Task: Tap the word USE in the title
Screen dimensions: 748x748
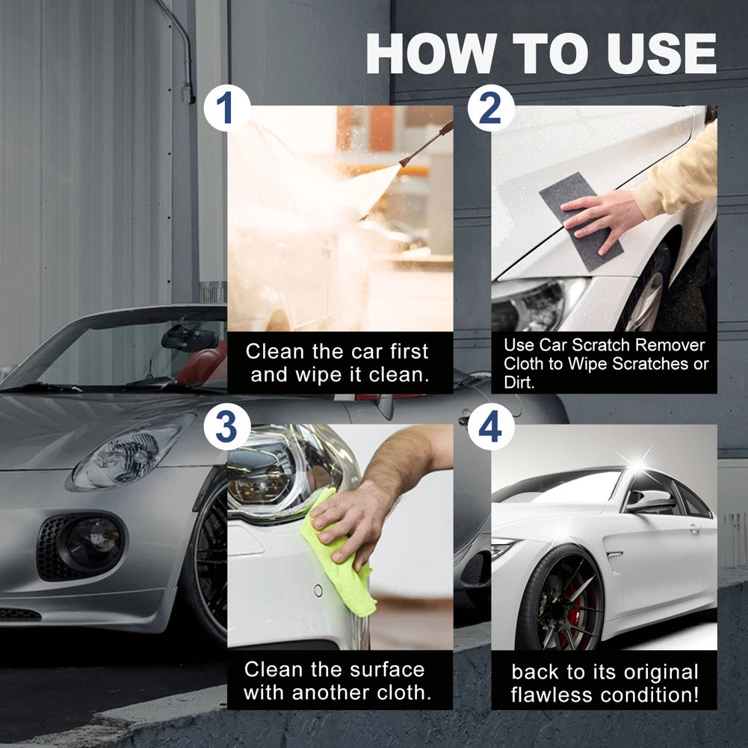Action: click(652, 54)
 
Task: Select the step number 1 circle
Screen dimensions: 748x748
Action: click(225, 109)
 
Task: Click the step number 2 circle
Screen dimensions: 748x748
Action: click(490, 109)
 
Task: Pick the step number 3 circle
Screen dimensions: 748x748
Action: click(225, 428)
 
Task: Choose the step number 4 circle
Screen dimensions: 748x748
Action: click(490, 428)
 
